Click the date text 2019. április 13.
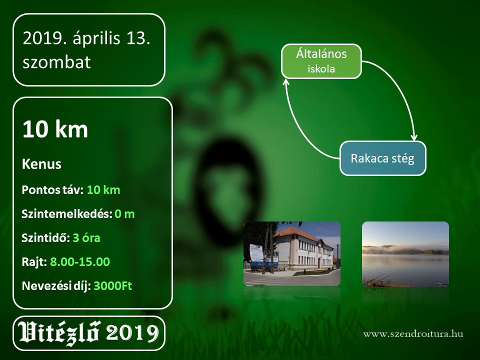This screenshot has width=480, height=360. [x=86, y=39]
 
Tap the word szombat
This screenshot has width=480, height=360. [x=56, y=62]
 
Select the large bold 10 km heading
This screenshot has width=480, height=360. [x=55, y=129]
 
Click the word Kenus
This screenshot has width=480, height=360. [x=41, y=164]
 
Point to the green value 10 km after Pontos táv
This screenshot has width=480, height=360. [x=103, y=190]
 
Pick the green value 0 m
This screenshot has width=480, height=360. [x=124, y=213]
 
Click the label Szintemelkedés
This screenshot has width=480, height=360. [x=67, y=214]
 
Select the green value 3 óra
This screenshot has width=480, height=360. [x=86, y=238]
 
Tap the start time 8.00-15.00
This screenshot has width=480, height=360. [x=80, y=261]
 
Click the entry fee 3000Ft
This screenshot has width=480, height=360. [x=112, y=285]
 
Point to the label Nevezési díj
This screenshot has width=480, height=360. [x=56, y=286]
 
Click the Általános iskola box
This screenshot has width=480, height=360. [x=321, y=61]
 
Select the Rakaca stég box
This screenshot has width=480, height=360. [x=382, y=158]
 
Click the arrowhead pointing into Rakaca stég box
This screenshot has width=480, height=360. [x=414, y=138]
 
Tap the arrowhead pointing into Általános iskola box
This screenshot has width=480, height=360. [x=286, y=81]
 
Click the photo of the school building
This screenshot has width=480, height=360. [x=291, y=254]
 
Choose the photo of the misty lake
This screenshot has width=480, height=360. [x=405, y=254]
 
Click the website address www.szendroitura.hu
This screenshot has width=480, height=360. [x=413, y=333]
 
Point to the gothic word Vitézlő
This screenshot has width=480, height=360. [x=59, y=332]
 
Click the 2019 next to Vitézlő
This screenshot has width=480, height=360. [x=132, y=333]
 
